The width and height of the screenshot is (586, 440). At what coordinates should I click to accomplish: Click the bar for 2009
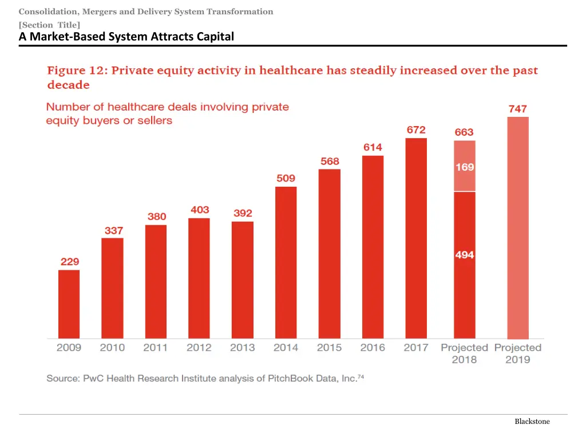point(69,304)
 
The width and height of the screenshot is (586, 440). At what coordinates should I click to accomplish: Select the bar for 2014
point(286,262)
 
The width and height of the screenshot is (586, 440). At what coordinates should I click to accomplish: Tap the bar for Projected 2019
point(518,227)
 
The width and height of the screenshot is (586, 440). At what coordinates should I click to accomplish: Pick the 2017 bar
point(416,238)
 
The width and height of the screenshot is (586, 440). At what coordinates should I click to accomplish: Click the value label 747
point(518,109)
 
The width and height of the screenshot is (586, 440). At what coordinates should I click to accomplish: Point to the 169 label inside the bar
point(465,167)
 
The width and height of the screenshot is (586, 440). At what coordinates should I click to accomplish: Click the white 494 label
point(465,255)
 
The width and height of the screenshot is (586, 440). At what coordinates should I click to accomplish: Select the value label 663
point(464,132)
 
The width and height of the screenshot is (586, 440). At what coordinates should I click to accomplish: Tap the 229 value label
point(70,262)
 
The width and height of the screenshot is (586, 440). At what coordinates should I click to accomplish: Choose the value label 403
point(200,210)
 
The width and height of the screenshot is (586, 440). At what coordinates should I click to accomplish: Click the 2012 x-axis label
point(199,348)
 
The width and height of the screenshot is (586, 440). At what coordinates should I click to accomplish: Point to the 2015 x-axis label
point(329,348)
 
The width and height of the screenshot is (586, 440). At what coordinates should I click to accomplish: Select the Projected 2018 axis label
point(464,353)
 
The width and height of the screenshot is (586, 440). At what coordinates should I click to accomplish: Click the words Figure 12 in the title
point(76,71)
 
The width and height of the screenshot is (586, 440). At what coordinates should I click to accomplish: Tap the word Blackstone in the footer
point(532,422)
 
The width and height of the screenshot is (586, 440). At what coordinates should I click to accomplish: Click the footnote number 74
point(361,376)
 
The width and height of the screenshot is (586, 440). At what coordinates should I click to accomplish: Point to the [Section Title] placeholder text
point(49,25)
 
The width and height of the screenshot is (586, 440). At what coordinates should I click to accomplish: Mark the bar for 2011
point(156,281)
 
